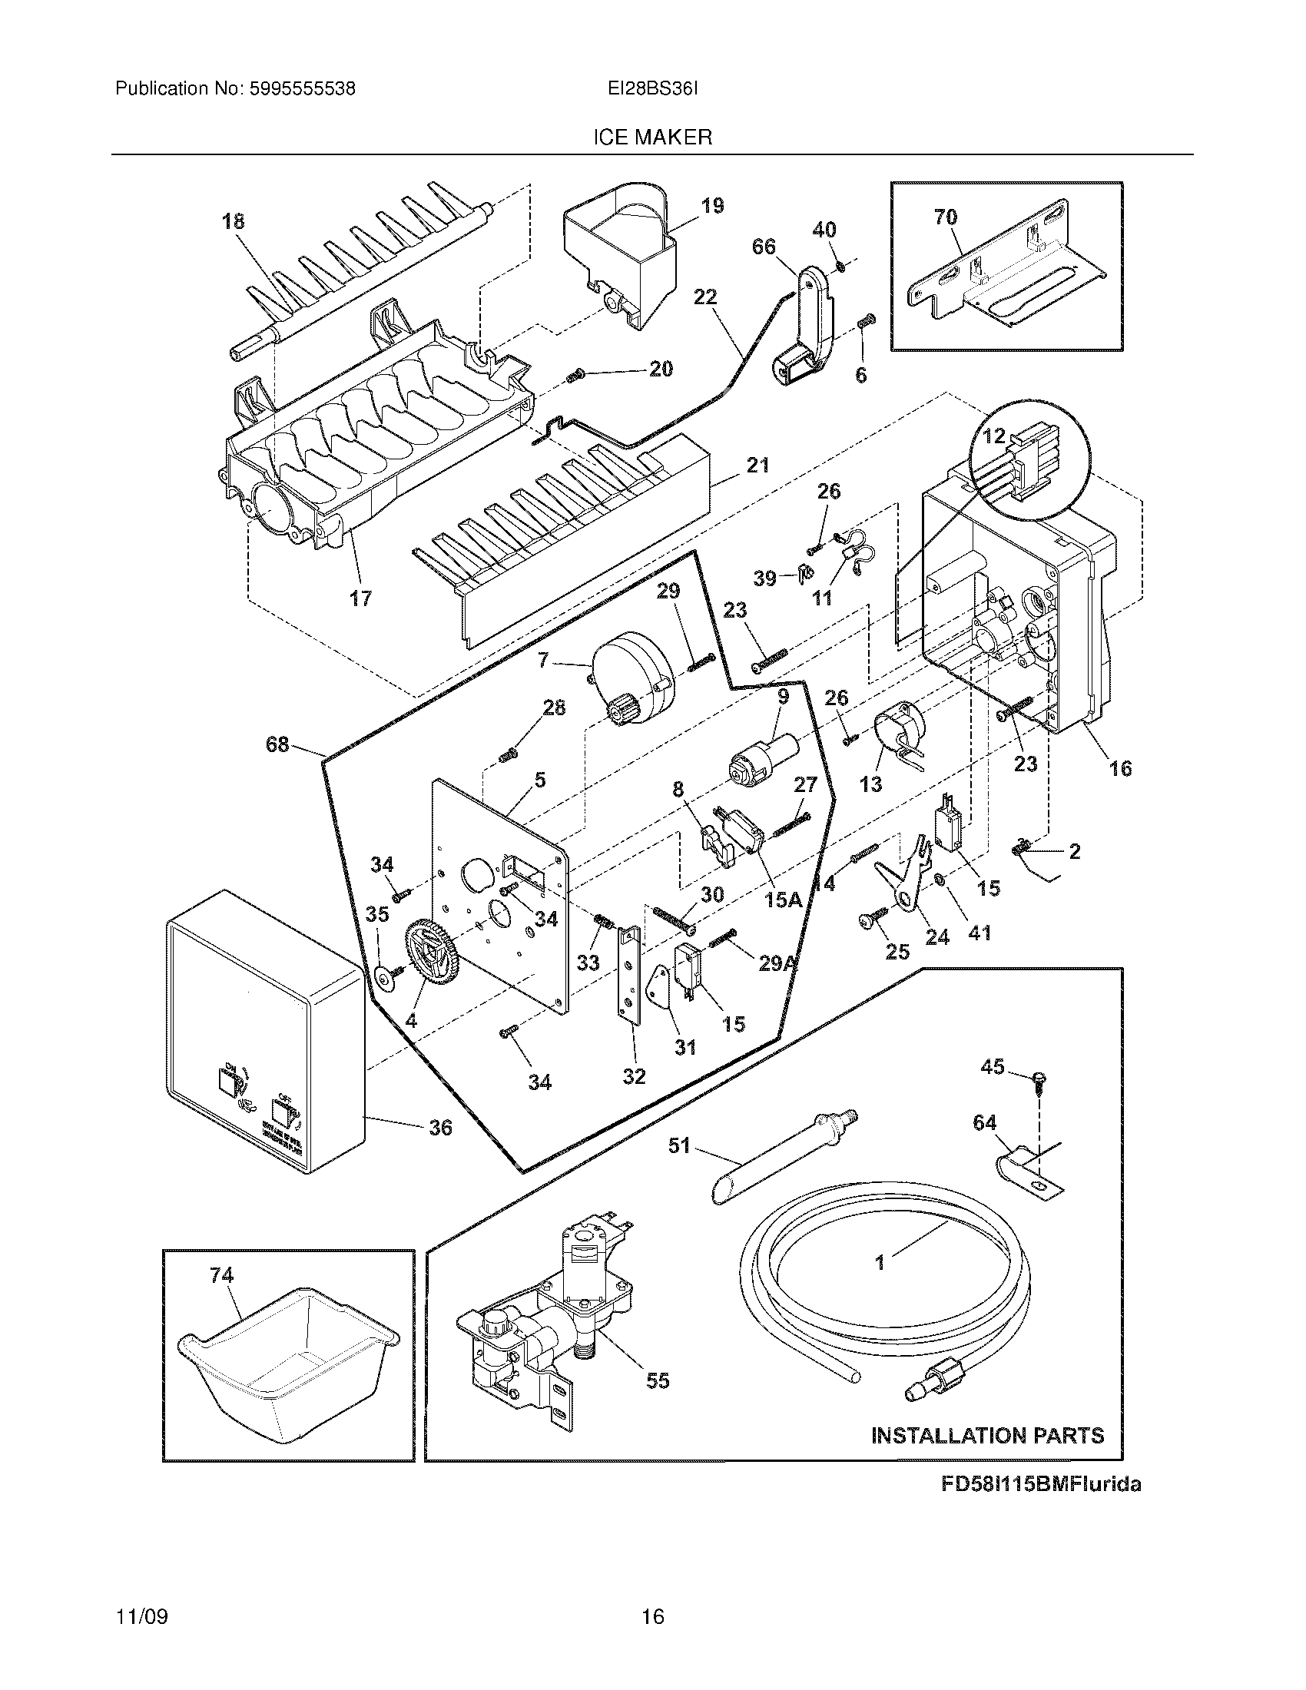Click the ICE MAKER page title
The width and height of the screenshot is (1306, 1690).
(x=652, y=138)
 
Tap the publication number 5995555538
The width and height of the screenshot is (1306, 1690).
(x=301, y=89)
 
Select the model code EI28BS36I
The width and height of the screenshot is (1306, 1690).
(x=652, y=89)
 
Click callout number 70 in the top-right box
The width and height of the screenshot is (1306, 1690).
(x=946, y=217)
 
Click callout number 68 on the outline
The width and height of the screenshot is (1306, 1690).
(x=277, y=744)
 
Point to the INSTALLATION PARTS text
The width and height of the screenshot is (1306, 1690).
(x=987, y=1436)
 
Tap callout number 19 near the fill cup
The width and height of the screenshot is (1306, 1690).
(x=712, y=206)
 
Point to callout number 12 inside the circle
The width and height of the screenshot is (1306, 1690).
(x=993, y=436)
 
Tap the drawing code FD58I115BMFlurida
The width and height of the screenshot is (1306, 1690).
(x=1040, y=1484)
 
